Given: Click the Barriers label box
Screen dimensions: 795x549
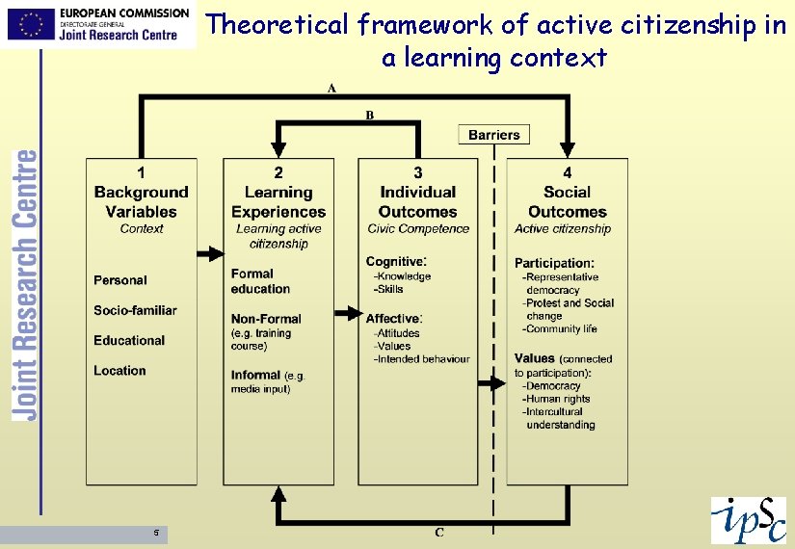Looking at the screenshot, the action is [x=493, y=135].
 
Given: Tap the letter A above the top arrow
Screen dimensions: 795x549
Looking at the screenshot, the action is [x=331, y=89].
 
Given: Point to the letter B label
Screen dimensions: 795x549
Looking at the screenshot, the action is [x=369, y=115].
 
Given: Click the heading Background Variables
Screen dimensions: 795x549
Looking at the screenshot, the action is [x=142, y=202].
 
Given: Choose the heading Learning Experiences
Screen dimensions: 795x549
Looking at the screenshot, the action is [x=278, y=202].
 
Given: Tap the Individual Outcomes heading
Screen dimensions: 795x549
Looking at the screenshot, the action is [x=417, y=202].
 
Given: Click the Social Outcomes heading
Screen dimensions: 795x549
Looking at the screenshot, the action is [x=567, y=202].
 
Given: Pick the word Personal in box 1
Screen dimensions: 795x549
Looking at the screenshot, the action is [x=120, y=280].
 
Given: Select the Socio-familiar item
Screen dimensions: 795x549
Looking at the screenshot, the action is [x=135, y=310].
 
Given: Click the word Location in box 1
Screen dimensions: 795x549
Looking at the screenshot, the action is [x=119, y=371].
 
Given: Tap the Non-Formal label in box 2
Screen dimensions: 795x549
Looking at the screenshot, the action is [x=266, y=319].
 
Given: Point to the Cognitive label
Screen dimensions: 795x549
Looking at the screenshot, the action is [x=395, y=261].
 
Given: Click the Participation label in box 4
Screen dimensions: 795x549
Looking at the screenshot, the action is [x=554, y=263].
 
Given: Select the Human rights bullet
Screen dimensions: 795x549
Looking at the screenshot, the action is [x=557, y=399].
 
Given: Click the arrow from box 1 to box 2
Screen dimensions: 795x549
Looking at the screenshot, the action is [x=209, y=253].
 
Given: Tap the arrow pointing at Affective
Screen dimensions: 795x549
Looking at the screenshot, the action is [x=346, y=313].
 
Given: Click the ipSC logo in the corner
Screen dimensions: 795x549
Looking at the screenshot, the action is [x=748, y=520].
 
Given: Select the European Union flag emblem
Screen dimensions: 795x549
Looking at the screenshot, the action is [x=30, y=23].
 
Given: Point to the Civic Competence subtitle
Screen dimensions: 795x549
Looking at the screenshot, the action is [x=418, y=229].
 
